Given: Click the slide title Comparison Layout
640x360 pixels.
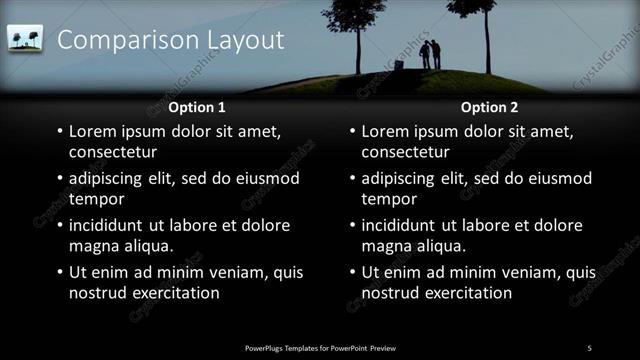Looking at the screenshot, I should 170,40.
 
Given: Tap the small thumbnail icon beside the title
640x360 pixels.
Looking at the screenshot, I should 24,39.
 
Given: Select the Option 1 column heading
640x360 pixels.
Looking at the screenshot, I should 197,107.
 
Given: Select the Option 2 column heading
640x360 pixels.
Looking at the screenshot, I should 489,107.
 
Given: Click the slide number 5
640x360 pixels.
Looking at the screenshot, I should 589,347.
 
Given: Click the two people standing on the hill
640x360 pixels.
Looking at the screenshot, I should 430,54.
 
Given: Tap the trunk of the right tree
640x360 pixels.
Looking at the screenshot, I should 487,45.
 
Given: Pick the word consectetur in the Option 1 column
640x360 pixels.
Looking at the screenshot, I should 113,153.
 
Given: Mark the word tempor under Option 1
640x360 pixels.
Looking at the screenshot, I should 95,200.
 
